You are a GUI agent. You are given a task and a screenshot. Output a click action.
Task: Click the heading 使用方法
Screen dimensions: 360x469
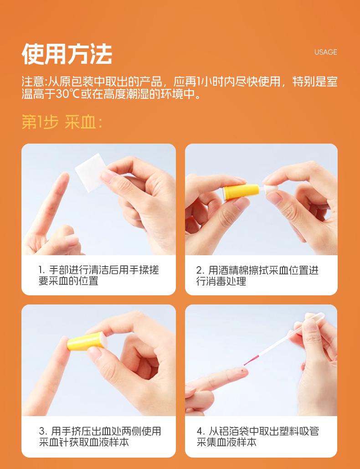67,54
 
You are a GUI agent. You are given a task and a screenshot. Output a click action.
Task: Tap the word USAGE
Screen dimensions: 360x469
326,52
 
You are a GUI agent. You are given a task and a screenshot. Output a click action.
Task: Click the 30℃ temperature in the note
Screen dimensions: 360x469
67,94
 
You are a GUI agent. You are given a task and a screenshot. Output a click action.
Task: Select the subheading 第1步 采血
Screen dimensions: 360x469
62,123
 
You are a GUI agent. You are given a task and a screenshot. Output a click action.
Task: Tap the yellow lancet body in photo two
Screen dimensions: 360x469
242,192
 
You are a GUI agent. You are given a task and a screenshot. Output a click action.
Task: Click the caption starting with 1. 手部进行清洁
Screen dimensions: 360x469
99,275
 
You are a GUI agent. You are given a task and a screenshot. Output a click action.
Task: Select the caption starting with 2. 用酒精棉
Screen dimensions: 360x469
257,275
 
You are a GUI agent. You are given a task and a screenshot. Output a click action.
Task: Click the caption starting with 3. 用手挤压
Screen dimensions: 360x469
100,436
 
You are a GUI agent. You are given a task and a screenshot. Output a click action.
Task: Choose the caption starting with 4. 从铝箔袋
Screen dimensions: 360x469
258,436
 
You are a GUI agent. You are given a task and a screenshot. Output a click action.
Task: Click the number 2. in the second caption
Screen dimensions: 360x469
200,270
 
